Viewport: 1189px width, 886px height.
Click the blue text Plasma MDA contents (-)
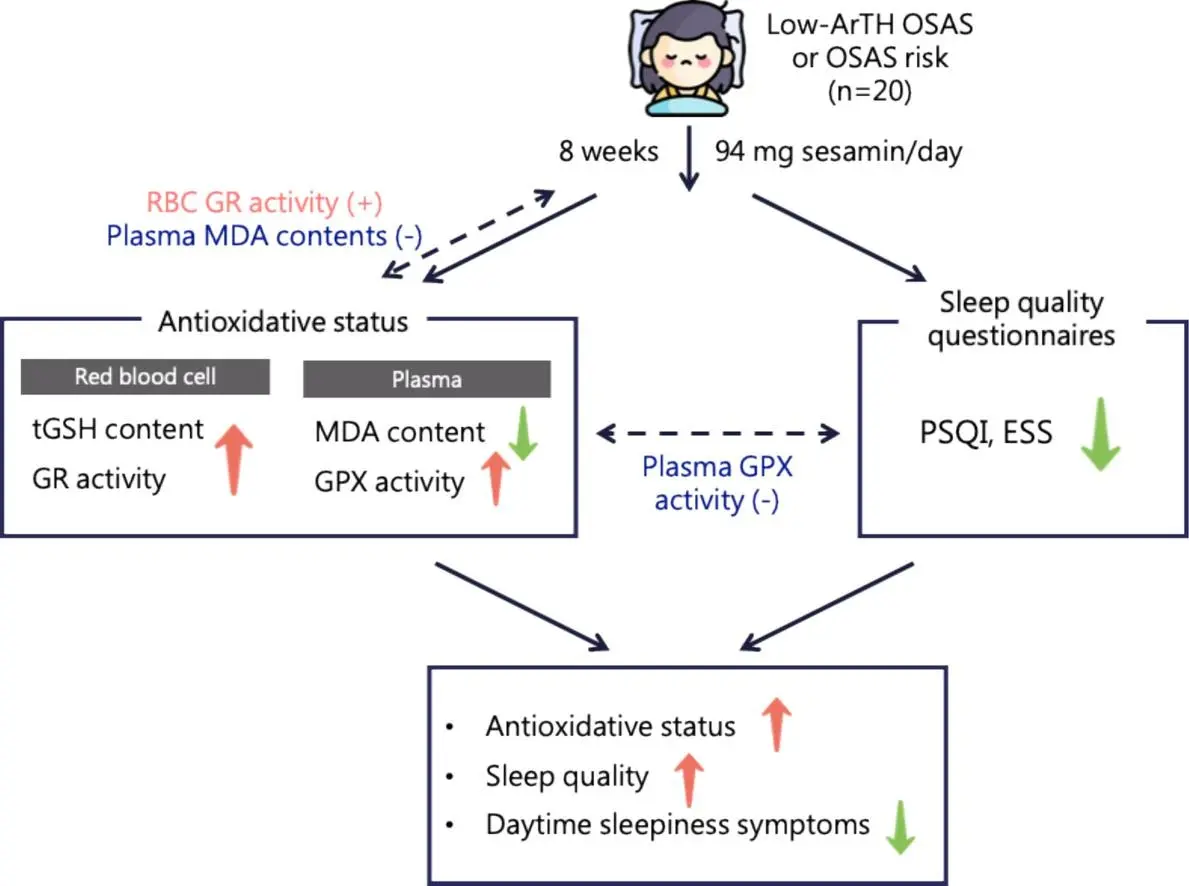pyautogui.click(x=264, y=236)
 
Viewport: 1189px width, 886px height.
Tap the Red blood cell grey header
pyautogui.click(x=145, y=377)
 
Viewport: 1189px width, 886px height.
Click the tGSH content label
pyautogui.click(x=117, y=430)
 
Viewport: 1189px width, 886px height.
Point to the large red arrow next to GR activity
pyautogui.click(x=232, y=455)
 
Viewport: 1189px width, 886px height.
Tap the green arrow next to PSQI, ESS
pyautogui.click(x=1100, y=436)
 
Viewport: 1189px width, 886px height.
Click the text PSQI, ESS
pyautogui.click(x=985, y=435)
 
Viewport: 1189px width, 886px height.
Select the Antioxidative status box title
pyautogui.click(x=283, y=322)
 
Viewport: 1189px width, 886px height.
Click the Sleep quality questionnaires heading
pyautogui.click(x=1020, y=318)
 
